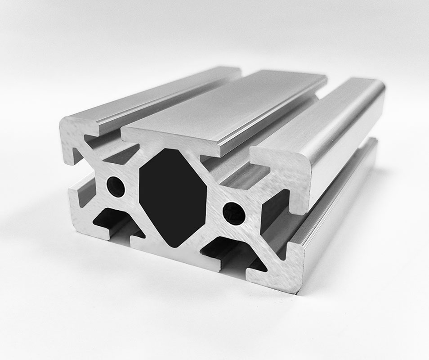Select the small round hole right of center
(x=233, y=212)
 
